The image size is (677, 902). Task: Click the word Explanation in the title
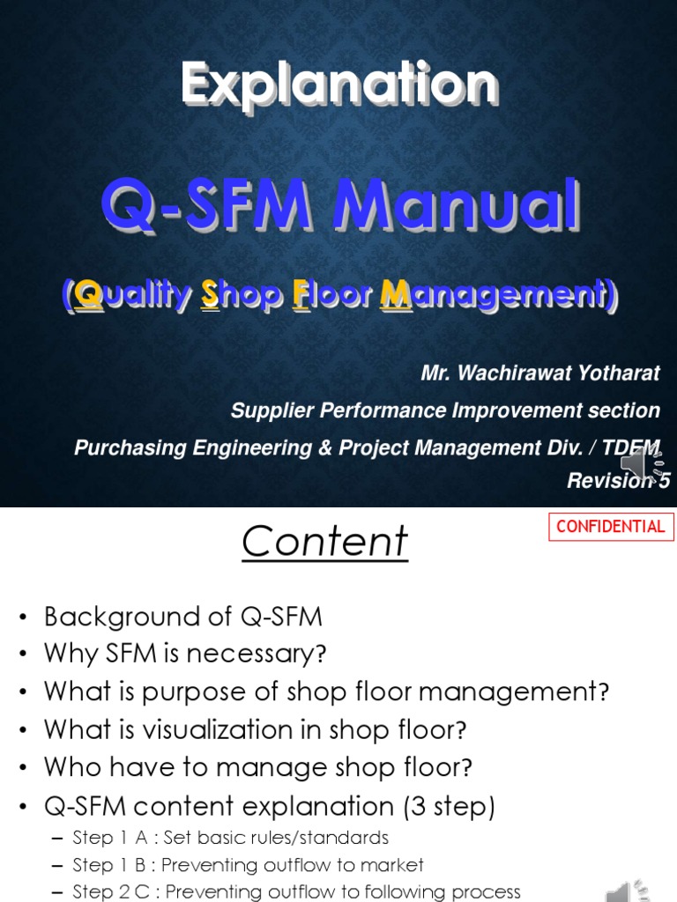pos(339,85)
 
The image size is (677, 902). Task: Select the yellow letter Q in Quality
pos(89,297)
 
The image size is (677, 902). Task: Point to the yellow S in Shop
pos(210,297)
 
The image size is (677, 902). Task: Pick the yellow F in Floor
pos(300,297)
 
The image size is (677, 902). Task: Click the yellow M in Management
pos(392,297)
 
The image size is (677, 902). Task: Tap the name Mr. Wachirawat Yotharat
pos(539,373)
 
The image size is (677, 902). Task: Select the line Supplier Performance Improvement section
pos(444,410)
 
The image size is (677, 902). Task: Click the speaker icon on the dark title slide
pos(642,463)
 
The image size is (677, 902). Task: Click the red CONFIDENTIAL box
pos(611,527)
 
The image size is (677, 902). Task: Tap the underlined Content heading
pos(324,542)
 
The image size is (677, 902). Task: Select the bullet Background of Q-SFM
pos(183,617)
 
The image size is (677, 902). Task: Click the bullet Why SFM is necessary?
pos(185,654)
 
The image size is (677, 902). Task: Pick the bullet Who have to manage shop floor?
pos(257,767)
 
